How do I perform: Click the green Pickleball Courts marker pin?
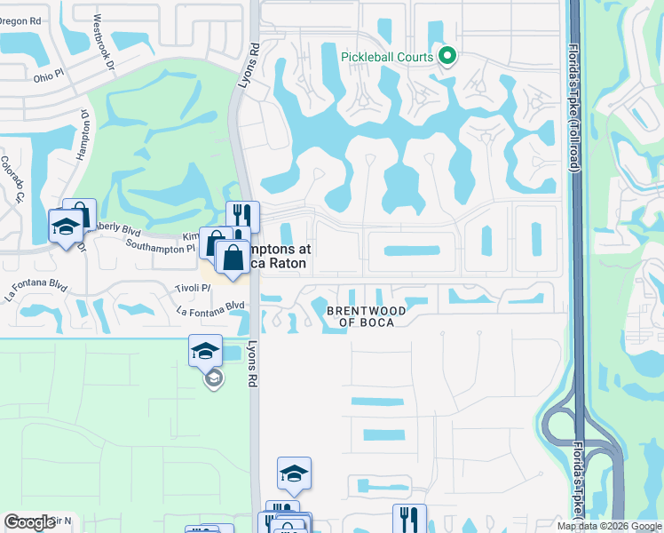(x=447, y=57)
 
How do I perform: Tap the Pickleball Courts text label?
(x=388, y=57)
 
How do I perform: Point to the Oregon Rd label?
(x=21, y=19)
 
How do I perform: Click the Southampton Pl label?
(x=160, y=248)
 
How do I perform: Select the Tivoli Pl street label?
(x=192, y=288)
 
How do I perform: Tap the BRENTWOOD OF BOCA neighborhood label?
(x=366, y=316)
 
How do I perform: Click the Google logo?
(x=29, y=521)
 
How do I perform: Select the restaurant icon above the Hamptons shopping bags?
(x=242, y=216)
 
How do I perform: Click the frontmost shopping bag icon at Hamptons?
(x=233, y=257)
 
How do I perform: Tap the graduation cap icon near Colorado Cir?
(x=66, y=225)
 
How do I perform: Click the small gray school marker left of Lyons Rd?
(x=212, y=379)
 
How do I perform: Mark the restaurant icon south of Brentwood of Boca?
(x=409, y=517)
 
